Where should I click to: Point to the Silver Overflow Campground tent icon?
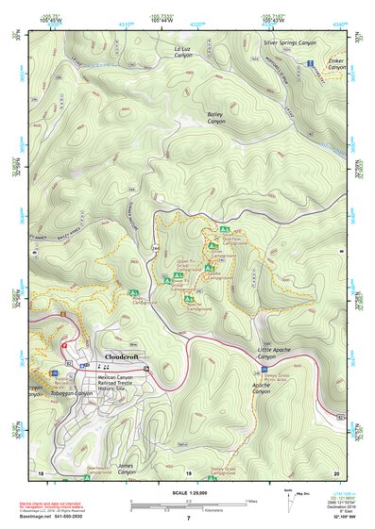point(224,230)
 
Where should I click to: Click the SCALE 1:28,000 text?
point(187,491)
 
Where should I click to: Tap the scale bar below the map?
point(188,502)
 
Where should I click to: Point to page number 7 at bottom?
point(188,519)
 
